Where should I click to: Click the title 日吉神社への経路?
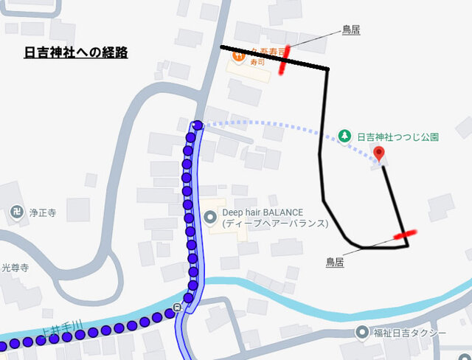coord(76,52)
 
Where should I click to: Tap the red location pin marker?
coord(379,153)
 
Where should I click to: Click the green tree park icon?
coord(344,136)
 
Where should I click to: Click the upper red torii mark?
coord(284,60)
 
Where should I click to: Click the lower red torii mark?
coord(403,235)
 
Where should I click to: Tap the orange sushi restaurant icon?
coord(238,55)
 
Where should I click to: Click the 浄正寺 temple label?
coord(43,212)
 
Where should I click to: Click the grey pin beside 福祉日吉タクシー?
coord(361,333)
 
